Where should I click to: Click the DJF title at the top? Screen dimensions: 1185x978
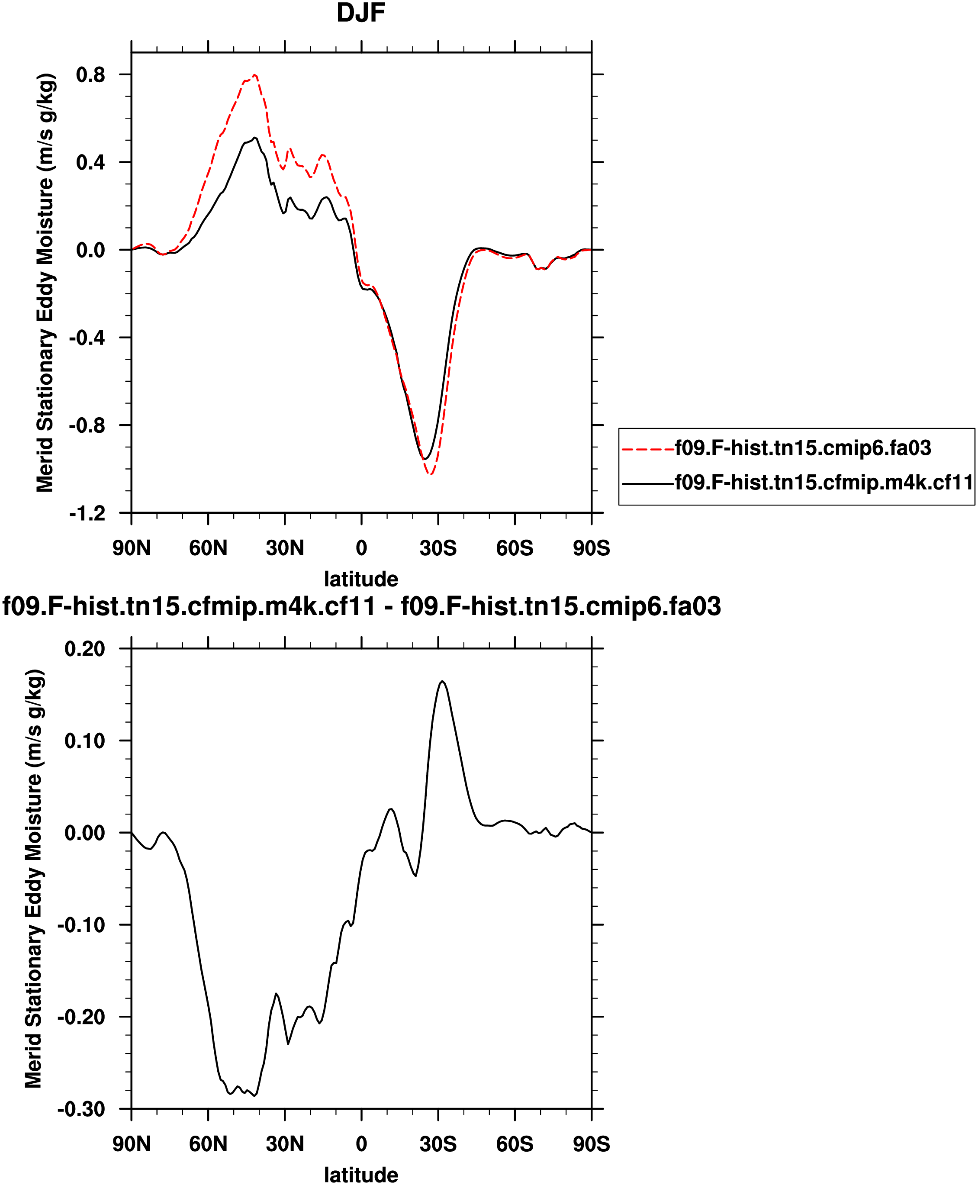coord(360,13)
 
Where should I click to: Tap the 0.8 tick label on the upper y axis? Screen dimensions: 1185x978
coord(91,74)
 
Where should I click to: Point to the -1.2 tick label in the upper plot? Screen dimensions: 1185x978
coord(87,513)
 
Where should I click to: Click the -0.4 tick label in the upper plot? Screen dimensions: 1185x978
coord(87,338)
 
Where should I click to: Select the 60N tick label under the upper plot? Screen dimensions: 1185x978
coord(208,547)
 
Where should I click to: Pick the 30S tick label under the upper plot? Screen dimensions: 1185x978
coord(438,547)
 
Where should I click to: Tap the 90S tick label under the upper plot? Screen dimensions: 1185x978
coord(592,547)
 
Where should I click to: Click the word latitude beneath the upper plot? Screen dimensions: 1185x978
coord(360,579)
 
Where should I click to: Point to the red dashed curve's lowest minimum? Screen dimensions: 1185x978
coord(431,474)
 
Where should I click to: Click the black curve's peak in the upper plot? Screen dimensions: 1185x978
coord(254,138)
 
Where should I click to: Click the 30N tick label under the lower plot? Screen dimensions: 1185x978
coord(284,1144)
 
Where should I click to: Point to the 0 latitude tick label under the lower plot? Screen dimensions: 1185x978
coord(361,1144)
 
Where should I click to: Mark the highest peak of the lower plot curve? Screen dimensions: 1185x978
coord(443,681)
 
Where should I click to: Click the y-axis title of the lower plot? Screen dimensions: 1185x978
coord(34,879)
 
